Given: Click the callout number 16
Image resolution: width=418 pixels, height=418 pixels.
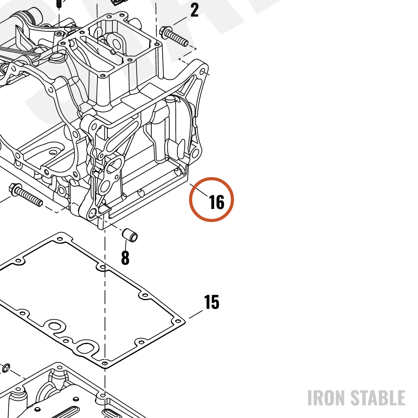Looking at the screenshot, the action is (217, 202).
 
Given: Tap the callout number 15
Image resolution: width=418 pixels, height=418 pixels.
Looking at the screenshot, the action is (212, 302).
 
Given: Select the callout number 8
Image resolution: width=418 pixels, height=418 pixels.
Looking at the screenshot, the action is (125, 257).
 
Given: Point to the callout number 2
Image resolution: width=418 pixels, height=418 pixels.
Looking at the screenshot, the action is (195, 10).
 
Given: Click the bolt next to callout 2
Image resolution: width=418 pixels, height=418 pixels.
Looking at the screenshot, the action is (173, 36).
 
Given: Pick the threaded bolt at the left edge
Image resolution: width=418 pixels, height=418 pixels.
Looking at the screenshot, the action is (26, 195).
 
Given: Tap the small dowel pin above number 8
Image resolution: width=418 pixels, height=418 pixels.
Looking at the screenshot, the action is (130, 235).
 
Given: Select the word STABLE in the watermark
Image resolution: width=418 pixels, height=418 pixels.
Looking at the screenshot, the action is (377, 398).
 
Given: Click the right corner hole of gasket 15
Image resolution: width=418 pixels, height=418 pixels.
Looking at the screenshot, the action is (177, 321).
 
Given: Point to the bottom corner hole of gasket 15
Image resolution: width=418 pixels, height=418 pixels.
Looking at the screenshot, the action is (105, 363).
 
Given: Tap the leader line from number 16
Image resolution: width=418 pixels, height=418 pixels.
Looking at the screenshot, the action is (199, 190).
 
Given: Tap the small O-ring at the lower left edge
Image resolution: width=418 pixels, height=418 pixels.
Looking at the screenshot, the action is (6, 368).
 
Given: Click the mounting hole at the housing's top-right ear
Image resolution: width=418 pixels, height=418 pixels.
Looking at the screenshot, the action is (202, 72).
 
